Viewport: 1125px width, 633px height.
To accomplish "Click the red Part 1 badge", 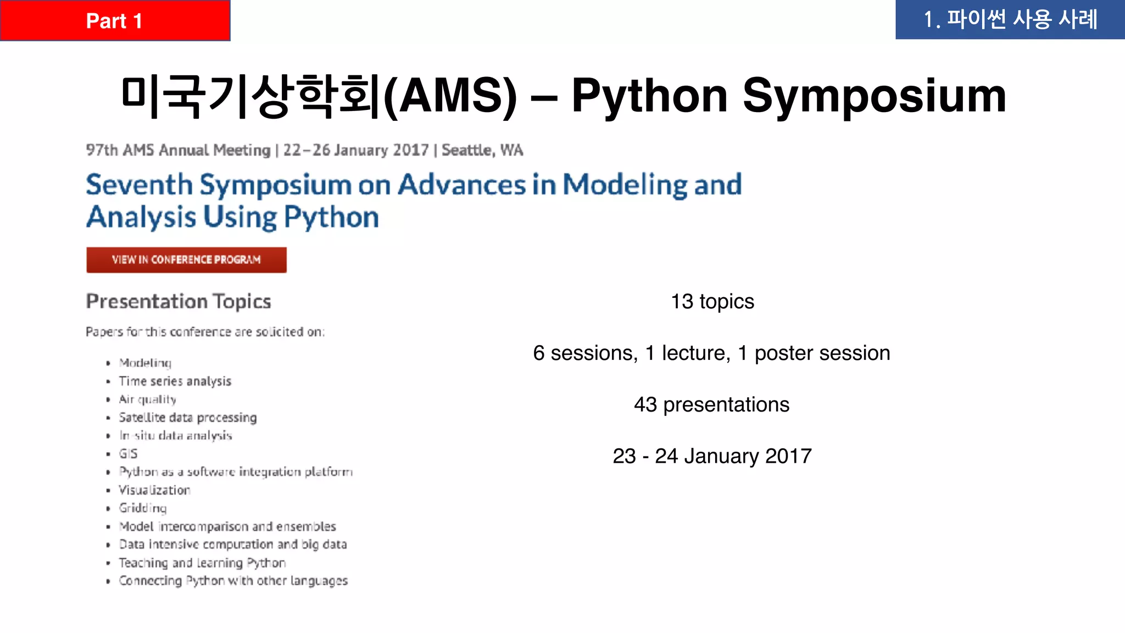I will click(114, 21).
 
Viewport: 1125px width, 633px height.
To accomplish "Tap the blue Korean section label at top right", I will click(1010, 20).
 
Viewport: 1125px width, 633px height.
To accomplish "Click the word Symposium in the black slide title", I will click(874, 96).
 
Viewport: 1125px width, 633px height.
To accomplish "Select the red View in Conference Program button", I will click(186, 260).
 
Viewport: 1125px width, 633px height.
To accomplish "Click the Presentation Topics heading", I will click(179, 302).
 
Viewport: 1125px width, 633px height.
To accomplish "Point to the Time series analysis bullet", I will click(175, 381).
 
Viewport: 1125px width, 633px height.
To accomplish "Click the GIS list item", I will click(128, 454).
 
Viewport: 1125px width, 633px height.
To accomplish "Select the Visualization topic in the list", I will click(154, 490).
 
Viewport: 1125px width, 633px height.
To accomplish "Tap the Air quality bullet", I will click(147, 399).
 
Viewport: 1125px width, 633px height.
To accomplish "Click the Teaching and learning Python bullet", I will click(202, 563).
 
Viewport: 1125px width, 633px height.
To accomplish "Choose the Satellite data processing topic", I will click(187, 418).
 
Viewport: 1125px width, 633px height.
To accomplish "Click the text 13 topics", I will click(712, 302).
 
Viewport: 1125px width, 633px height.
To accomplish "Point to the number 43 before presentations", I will click(645, 405).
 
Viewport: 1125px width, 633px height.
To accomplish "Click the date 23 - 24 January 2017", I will click(712, 456).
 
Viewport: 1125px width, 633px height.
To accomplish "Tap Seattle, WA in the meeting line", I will click(482, 150).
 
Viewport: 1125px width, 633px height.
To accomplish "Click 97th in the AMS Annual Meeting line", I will click(102, 150).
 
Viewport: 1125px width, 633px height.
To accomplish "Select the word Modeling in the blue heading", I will click(625, 185).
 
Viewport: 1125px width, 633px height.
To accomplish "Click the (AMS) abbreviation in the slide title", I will click(450, 96).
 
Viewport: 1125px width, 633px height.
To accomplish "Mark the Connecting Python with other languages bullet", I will click(233, 581).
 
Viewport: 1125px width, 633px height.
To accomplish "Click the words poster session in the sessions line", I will click(822, 353).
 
